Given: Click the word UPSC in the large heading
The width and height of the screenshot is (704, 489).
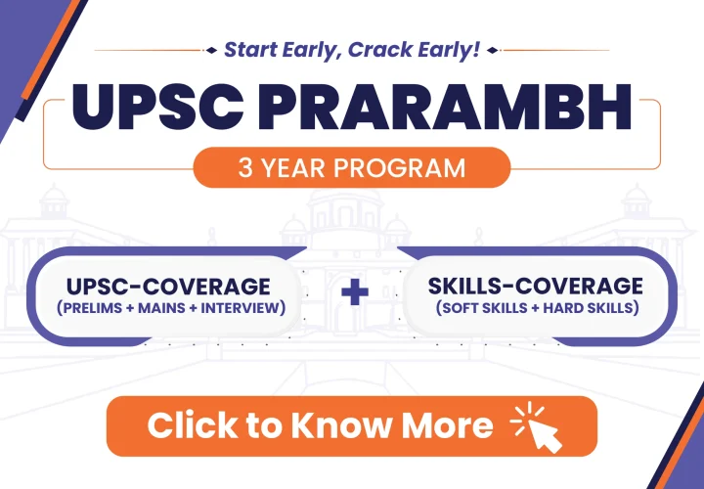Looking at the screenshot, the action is (157, 107).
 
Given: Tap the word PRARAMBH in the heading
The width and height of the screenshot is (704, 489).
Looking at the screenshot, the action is (444, 107).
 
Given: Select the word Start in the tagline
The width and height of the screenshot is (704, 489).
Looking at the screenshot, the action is (248, 50).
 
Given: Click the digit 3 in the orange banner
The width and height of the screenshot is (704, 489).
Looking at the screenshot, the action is (245, 168).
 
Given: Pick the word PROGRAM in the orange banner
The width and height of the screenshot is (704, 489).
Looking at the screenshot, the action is (399, 168).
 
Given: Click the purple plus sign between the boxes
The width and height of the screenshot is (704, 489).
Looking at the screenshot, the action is (355, 291).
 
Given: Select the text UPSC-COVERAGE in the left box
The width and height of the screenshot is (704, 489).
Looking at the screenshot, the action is (168, 287).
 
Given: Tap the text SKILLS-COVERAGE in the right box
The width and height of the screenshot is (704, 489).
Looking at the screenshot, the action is (535, 286).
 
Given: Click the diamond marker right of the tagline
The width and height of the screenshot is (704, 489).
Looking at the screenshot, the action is (493, 50).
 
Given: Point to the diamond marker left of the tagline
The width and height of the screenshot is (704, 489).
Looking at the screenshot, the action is (211, 50).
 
